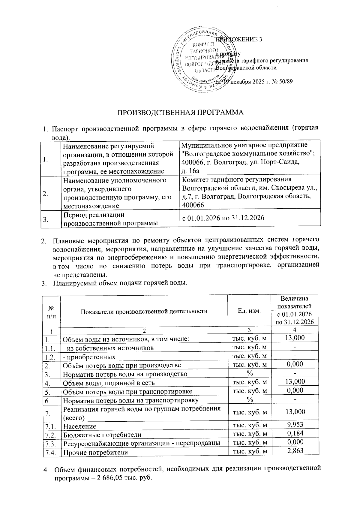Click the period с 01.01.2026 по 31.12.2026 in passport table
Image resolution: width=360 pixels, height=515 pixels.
pos(223,218)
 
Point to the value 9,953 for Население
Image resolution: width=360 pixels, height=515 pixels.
pos(295,424)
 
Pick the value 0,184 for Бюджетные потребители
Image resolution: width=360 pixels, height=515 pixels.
pos(295,433)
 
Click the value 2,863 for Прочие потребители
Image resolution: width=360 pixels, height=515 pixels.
pos(295,450)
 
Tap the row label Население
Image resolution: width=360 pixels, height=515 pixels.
pos(79,426)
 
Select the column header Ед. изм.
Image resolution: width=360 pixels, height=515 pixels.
pos(249,311)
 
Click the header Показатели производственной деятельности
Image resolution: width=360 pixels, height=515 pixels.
pos(144,311)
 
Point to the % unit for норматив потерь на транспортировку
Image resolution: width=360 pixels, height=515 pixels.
pos(249,399)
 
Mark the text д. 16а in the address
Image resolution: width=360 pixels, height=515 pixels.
pos(191,171)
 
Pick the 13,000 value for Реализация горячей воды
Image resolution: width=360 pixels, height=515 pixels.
pos(295,411)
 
